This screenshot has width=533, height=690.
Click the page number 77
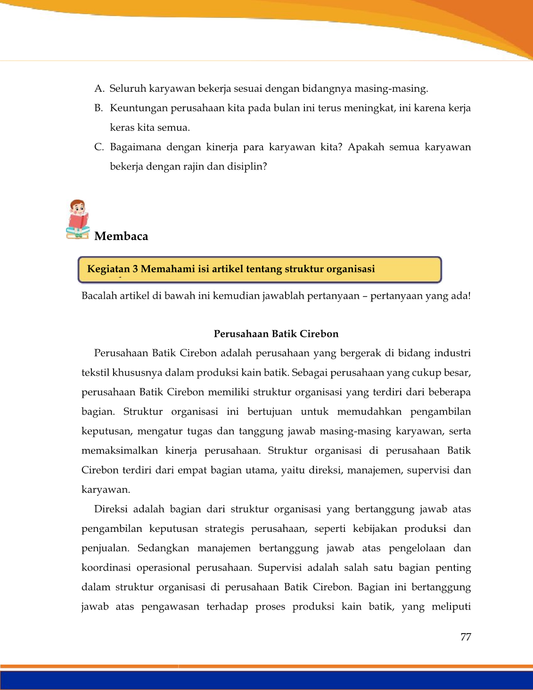click(x=466, y=637)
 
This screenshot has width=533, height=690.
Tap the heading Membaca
click(x=121, y=236)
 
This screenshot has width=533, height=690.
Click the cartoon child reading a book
click(x=78, y=219)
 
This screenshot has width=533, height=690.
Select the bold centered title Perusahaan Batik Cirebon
click(x=276, y=334)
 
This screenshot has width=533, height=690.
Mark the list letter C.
click(x=98, y=147)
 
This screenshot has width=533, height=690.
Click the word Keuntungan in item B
click(x=139, y=108)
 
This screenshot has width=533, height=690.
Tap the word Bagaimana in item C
click(x=136, y=147)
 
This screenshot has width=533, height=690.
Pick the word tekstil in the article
click(x=96, y=373)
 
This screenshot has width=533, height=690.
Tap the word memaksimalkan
click(x=120, y=450)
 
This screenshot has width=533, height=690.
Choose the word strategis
click(x=224, y=529)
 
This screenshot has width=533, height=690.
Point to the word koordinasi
click(x=106, y=568)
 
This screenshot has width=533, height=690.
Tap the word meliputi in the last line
click(x=451, y=606)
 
